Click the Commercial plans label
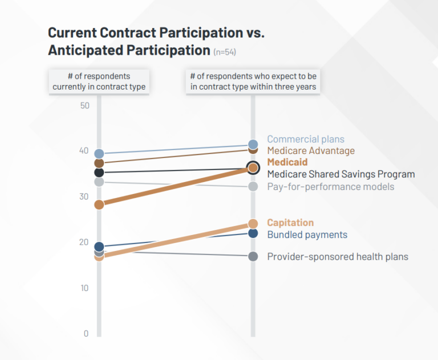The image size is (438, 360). click(x=306, y=139)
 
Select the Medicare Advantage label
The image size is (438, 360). click(x=311, y=151)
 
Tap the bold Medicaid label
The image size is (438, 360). click(x=287, y=163)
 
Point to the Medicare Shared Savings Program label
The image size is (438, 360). click(x=340, y=175)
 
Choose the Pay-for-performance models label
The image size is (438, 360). click(x=330, y=187)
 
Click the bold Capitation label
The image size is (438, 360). click(x=290, y=223)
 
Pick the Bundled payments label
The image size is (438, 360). click(x=307, y=234)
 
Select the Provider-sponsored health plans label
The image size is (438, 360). click(x=338, y=257)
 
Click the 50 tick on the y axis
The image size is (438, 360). click(x=84, y=106)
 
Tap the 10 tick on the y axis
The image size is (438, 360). click(x=84, y=288)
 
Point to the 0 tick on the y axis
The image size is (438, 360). click(x=87, y=334)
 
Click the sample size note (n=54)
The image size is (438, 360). click(x=225, y=52)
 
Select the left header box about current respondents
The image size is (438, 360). click(x=99, y=82)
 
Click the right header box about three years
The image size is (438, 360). click(x=253, y=82)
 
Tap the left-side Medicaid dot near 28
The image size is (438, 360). click(x=99, y=205)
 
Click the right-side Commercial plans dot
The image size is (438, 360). click(x=253, y=145)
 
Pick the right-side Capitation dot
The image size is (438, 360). click(x=253, y=224)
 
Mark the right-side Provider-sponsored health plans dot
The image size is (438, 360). click(x=253, y=256)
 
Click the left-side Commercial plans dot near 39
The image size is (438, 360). click(x=99, y=153)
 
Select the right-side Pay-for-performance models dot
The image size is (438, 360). click(x=253, y=187)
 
